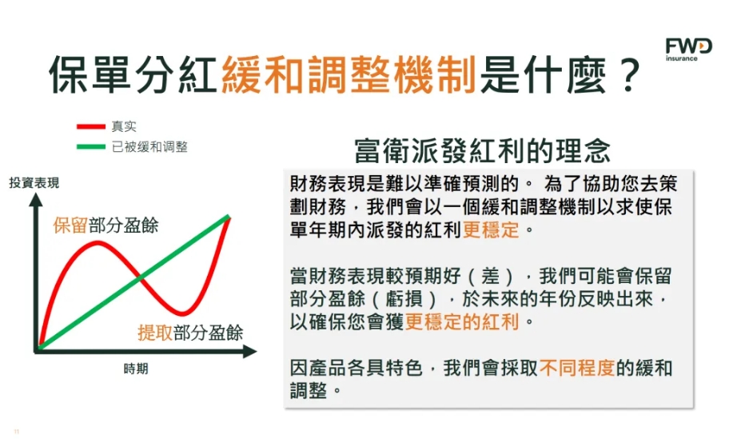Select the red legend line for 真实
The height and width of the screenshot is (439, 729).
[90, 126]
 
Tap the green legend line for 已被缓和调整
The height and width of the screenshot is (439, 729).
[90, 147]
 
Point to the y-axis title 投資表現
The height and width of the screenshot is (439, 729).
[34, 183]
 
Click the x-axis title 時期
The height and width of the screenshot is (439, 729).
[136, 369]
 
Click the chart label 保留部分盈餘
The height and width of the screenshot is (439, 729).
[106, 225]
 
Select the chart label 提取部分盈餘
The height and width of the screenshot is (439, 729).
[190, 333]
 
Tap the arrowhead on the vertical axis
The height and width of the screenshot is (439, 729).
[36, 200]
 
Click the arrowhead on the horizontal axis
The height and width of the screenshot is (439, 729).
[250, 351]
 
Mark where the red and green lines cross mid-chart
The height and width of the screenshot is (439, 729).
[140, 278]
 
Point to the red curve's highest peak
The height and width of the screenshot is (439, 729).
[98, 242]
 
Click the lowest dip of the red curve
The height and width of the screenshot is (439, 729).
[183, 313]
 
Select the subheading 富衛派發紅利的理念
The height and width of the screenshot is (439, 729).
[482, 150]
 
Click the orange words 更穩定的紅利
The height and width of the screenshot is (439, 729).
[462, 321]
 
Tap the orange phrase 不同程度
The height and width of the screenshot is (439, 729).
[577, 368]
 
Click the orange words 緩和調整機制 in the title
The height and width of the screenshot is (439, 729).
[349, 74]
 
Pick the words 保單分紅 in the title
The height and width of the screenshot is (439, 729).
[134, 74]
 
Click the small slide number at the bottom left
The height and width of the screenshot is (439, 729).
[17, 432]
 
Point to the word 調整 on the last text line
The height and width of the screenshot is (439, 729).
[309, 390]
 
